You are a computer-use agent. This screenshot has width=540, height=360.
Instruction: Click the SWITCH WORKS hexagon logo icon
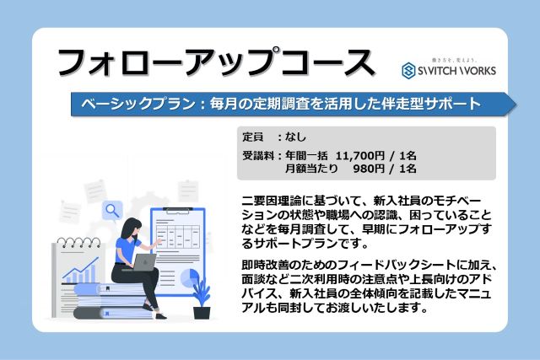click(408, 71)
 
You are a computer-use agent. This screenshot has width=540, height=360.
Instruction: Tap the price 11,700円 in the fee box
click(360, 156)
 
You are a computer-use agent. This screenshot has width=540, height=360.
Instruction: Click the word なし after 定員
click(295, 137)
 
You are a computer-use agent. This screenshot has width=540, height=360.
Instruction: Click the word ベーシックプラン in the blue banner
click(138, 104)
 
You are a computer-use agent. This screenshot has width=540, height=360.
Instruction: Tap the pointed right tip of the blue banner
click(516, 104)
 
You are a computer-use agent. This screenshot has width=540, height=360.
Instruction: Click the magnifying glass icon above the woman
click(112, 210)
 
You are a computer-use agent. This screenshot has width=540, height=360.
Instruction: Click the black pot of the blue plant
click(202, 313)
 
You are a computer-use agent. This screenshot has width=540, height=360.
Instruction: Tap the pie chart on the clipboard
click(190, 277)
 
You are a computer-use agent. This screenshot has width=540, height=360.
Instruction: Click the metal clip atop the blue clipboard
click(178, 210)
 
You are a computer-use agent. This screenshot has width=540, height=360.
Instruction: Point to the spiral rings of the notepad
click(78, 242)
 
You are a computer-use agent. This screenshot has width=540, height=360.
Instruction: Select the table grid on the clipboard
click(178, 236)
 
